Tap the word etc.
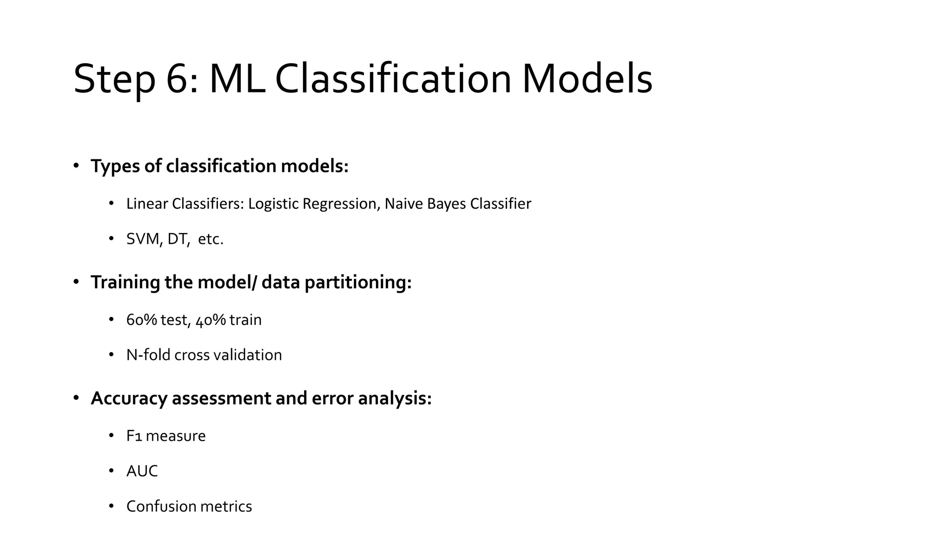coord(211,239)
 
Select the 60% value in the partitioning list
coord(141,320)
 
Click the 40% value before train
coord(211,320)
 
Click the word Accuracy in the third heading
coord(129,398)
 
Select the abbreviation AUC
coord(142,471)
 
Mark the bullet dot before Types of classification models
coord(76,166)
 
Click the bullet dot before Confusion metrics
coord(111,506)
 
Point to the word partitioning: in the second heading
coord(358,282)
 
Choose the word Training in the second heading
coord(125,282)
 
